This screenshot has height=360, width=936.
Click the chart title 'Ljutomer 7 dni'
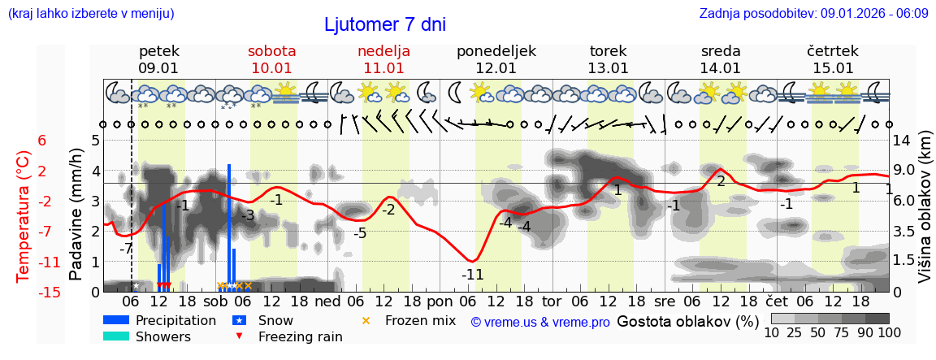point(384,24)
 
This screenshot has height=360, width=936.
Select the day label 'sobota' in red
point(271,51)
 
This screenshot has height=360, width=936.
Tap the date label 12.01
point(496,68)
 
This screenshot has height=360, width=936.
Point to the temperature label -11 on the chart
point(472,275)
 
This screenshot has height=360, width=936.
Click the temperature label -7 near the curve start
point(126,249)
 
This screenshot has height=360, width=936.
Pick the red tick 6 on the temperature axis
point(42,141)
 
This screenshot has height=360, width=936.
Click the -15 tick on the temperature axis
point(50,292)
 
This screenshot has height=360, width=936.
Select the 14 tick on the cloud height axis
point(903,141)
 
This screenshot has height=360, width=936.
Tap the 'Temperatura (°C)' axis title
point(24,215)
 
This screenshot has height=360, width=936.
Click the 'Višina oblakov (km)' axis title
point(925,217)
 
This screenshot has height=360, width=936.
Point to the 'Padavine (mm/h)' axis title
point(76,215)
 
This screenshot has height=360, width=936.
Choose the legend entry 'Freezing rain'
point(300,336)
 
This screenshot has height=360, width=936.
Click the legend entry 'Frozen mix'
point(420,320)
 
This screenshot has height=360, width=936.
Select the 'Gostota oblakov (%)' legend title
point(687,321)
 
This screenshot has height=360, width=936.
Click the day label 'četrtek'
point(832,51)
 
